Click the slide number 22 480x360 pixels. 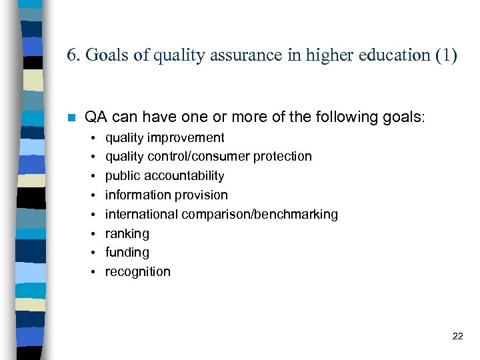tap(457, 336)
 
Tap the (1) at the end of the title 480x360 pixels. tap(446, 55)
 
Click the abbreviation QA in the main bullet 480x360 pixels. tap(97, 117)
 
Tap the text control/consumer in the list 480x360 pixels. tap(199, 157)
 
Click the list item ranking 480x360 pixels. tap(127, 234)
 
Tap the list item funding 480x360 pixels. tap(127, 253)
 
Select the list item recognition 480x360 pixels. tap(138, 272)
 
